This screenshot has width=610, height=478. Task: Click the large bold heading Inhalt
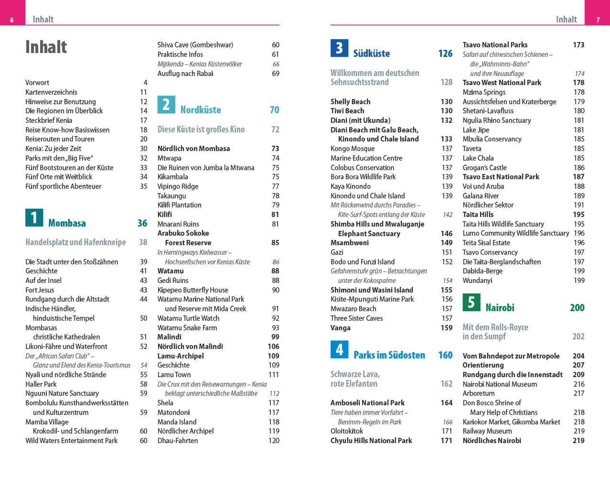[x=46, y=47]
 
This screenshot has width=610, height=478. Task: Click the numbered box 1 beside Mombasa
[x=34, y=217]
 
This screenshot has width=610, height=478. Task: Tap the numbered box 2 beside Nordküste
[x=166, y=104]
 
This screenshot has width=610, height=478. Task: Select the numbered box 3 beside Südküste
[x=339, y=48]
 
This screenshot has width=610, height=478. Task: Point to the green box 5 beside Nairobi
[x=471, y=302]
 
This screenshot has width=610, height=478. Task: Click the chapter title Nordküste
[x=201, y=110]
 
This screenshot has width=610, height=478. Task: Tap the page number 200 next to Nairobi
[x=577, y=308]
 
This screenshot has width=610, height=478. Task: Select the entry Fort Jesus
[x=40, y=290]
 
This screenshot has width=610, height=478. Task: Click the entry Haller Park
[x=41, y=384]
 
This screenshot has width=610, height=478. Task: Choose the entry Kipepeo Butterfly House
[x=193, y=290]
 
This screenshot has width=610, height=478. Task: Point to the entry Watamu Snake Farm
[x=187, y=328]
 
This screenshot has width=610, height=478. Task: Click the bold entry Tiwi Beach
[x=347, y=111]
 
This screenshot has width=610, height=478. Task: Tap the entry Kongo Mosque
[x=353, y=149]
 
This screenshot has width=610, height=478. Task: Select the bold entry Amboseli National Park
[x=367, y=403]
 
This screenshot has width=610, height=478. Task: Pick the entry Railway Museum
[x=487, y=431]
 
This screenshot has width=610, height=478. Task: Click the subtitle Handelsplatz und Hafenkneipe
[x=75, y=242]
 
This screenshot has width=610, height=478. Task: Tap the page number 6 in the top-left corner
[x=12, y=20]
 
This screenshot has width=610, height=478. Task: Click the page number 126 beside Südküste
[x=445, y=54]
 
